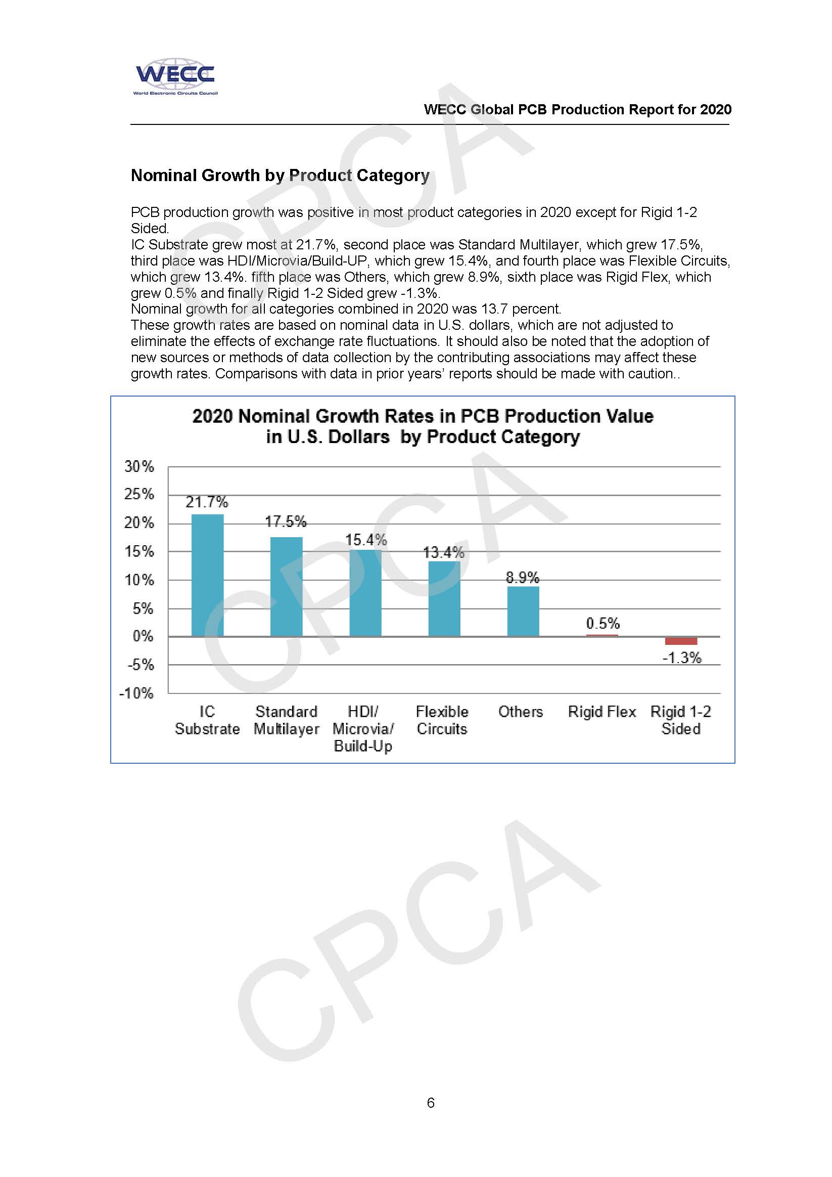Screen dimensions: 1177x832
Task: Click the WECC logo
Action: (x=175, y=76)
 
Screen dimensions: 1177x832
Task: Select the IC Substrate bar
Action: (x=207, y=575)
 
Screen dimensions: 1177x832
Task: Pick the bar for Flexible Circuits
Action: (x=444, y=598)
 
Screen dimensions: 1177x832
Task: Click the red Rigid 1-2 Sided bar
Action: (x=681, y=641)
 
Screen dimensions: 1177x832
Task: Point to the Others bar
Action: (x=523, y=611)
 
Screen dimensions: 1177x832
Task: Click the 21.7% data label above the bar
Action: (x=206, y=502)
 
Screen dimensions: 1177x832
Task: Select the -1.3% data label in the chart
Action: (x=681, y=658)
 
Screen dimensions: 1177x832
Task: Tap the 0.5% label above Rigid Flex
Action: (x=603, y=623)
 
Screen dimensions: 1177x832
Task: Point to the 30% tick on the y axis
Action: (x=139, y=466)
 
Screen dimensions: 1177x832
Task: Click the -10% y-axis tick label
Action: (x=136, y=693)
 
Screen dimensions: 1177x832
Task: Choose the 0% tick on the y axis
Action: (x=143, y=636)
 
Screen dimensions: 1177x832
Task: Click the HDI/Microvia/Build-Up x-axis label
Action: (x=363, y=728)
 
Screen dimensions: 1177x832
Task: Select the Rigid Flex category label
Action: (x=602, y=712)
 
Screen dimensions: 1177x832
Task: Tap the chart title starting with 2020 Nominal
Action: (x=423, y=426)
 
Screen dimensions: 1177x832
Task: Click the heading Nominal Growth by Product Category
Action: (x=280, y=176)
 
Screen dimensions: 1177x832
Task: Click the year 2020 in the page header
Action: (x=716, y=109)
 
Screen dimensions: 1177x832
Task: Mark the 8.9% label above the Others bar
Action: (x=523, y=578)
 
